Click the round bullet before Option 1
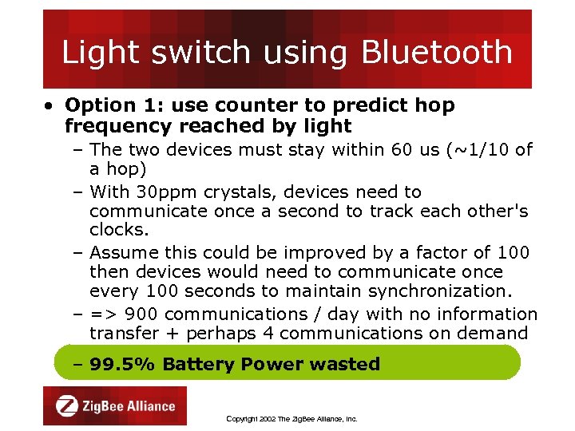click(x=50, y=106)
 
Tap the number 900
click(x=141, y=314)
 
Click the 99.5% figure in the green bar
click(x=122, y=364)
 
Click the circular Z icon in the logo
click(x=67, y=406)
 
